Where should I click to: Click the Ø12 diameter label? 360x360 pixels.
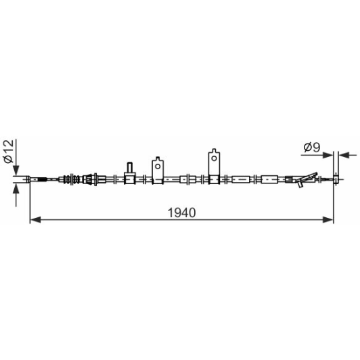[9, 151]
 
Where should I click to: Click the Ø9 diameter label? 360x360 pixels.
[312, 147]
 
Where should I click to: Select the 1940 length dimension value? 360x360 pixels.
[181, 212]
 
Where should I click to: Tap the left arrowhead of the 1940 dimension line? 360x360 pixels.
[35, 220]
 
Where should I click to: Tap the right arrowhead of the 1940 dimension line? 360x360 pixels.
[328, 220]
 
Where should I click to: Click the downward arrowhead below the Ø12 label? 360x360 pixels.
[16, 171]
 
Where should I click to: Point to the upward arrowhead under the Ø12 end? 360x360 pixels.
[16, 189]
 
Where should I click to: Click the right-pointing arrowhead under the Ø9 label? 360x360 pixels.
[328, 155]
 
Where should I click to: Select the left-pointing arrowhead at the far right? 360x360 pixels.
[344, 155]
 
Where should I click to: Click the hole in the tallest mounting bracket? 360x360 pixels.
[214, 158]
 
